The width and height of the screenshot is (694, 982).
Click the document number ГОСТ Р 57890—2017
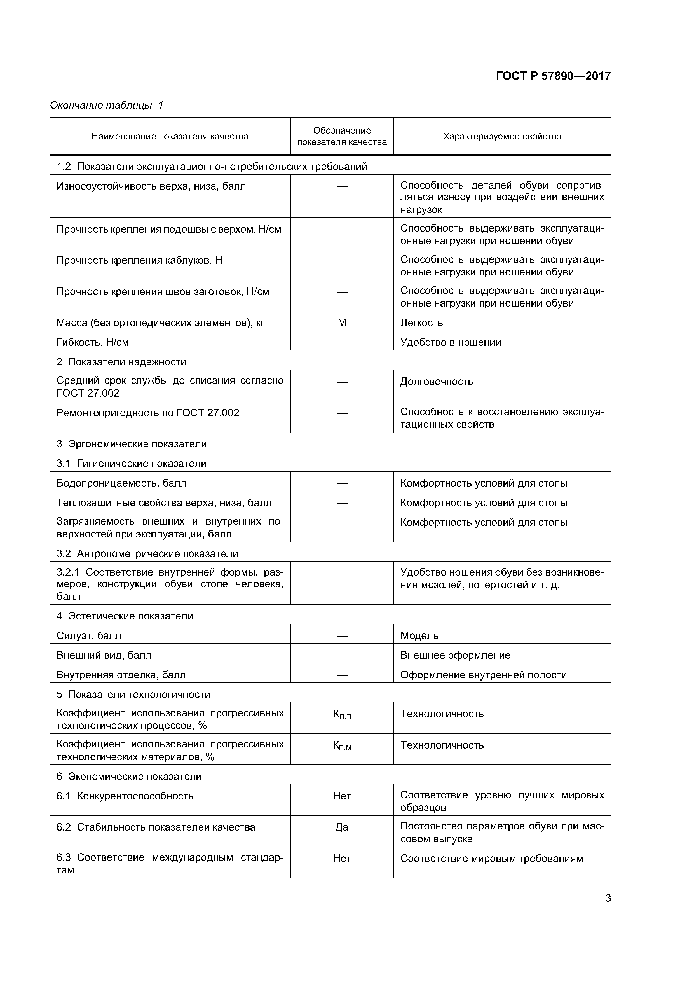tap(553, 76)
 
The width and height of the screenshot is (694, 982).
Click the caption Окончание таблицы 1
tap(106, 105)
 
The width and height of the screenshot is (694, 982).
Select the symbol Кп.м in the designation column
tap(342, 745)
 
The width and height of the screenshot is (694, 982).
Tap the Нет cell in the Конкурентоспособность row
tap(342, 796)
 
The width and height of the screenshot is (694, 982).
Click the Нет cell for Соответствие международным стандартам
tap(342, 858)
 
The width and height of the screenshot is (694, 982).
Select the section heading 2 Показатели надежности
tap(121, 362)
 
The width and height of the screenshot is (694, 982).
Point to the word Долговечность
tap(436, 382)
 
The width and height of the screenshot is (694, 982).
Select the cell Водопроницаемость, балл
tap(121, 483)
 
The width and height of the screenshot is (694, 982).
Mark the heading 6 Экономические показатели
tap(129, 776)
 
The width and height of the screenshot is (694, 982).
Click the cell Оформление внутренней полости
tap(483, 675)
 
